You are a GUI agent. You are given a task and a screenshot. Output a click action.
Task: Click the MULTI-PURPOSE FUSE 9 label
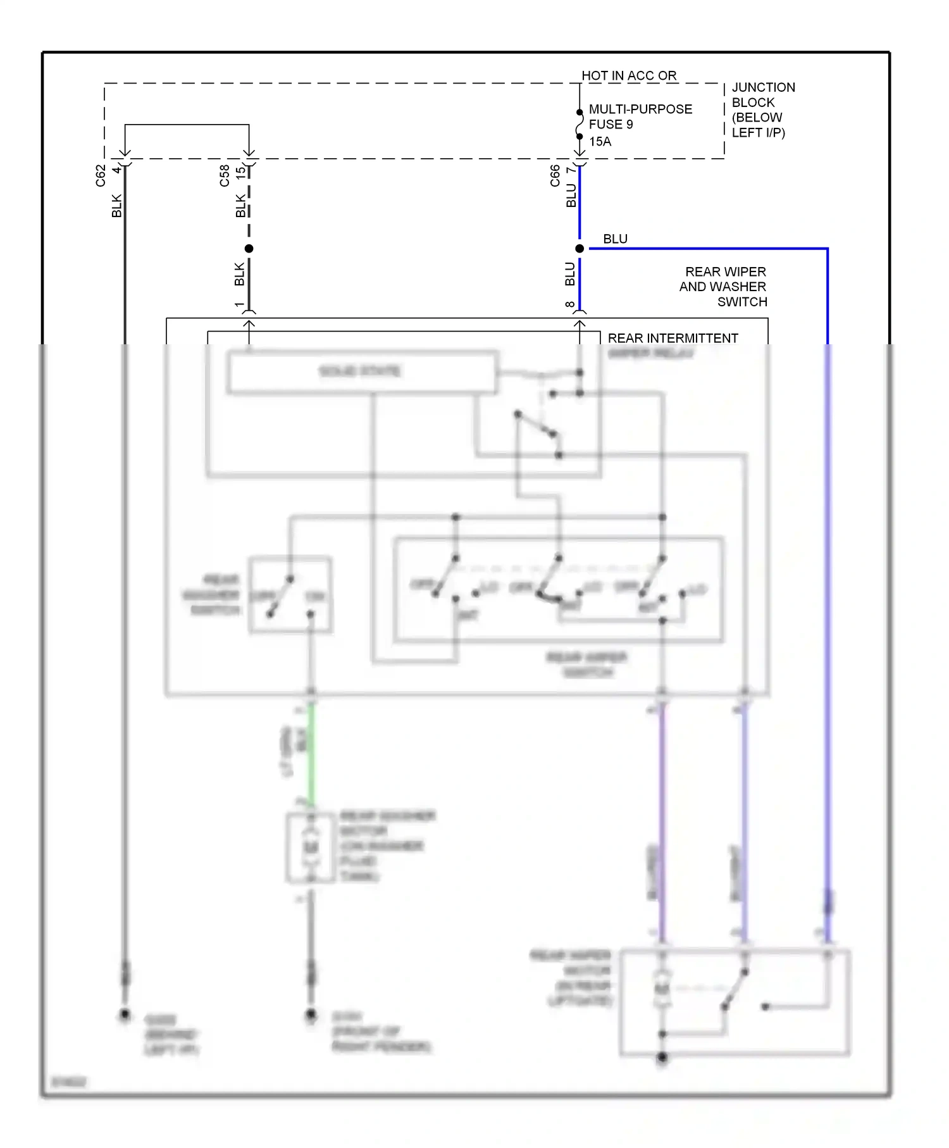pos(640,116)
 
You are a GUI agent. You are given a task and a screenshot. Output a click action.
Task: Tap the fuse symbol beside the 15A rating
pos(579,125)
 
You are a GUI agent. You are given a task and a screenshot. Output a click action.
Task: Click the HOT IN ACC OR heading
pos(629,75)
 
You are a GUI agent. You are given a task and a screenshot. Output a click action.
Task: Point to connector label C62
pos(101,176)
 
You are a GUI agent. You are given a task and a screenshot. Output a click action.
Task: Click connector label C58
pos(225,176)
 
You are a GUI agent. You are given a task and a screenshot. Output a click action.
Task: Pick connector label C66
pos(555,176)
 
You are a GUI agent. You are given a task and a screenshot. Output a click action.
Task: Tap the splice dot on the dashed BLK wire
pos(249,249)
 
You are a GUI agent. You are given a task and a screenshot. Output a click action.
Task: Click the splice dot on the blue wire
pos(579,249)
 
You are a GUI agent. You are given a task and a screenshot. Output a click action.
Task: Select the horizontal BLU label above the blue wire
pos(615,239)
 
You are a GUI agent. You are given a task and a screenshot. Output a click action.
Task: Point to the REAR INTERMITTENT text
pos(673,338)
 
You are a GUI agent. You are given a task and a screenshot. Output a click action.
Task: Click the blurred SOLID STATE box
pos(362,371)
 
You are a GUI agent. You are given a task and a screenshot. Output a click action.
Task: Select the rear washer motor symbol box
pos(310,847)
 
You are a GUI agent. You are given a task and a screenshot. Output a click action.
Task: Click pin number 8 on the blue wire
pos(570,305)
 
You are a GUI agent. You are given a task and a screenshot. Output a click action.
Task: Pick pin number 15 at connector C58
pos(240,171)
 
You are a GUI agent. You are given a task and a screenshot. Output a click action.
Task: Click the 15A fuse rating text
pos(600,142)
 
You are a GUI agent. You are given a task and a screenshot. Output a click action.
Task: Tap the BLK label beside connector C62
pos(116,206)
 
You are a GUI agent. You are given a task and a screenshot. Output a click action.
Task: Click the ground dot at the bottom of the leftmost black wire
pos(125,1015)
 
